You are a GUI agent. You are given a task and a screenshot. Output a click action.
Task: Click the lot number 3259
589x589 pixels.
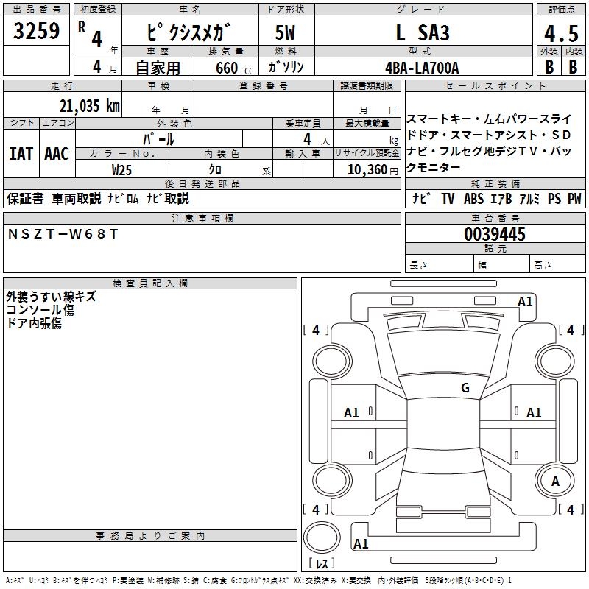[37, 31]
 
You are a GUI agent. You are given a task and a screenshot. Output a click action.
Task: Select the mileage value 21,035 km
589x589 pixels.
[85, 106]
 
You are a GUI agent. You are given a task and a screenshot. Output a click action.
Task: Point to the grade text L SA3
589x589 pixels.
[423, 33]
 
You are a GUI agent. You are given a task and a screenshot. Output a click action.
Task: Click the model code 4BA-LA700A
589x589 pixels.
[422, 68]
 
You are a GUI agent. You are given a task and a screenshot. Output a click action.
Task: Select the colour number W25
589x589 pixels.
[121, 169]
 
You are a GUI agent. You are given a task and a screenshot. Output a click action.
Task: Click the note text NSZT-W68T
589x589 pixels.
[63, 234]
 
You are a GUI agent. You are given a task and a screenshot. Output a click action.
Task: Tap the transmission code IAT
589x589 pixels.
[21, 154]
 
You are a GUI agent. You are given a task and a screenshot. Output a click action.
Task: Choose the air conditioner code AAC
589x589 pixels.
[57, 154]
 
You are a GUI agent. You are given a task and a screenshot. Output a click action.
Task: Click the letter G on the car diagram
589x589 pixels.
[465, 387]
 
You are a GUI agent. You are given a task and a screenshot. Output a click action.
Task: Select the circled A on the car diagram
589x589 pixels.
[556, 481]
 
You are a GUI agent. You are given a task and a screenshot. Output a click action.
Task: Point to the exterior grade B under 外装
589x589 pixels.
[549, 67]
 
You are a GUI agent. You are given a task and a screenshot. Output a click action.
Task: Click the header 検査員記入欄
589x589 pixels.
[150, 283]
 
